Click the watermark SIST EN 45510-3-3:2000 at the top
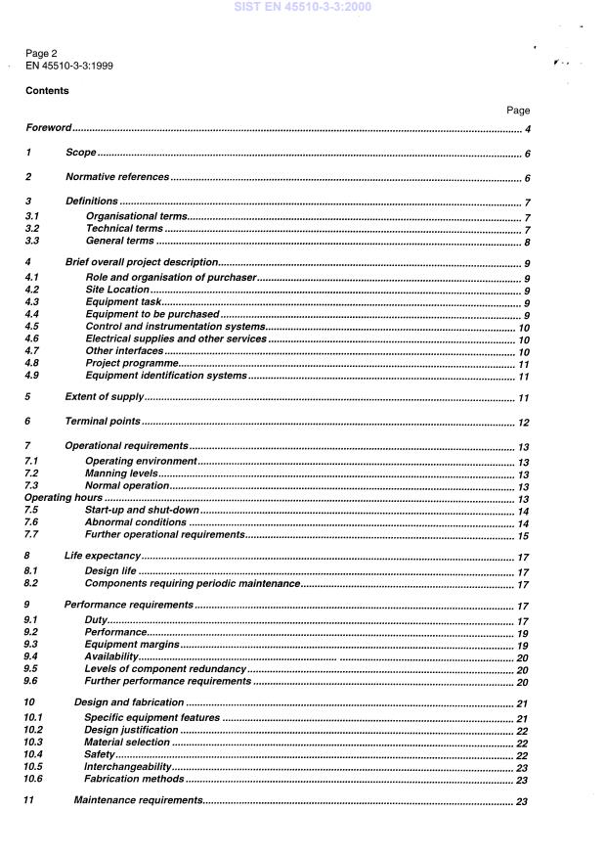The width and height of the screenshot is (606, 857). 302,8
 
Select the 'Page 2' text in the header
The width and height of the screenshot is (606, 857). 43,55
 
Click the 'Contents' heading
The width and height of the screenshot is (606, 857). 47,90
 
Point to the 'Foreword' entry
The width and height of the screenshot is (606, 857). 49,129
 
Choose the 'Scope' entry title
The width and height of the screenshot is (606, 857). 80,154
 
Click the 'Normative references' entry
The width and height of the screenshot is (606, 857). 116,178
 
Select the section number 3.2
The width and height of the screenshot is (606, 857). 32,229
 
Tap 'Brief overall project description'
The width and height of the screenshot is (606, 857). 140,265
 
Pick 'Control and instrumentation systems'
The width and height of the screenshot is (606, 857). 175,327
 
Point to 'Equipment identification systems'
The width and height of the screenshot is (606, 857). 165,376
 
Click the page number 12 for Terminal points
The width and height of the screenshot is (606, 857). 523,423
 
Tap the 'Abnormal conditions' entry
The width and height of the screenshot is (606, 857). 135,522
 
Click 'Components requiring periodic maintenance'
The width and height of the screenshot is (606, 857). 193,584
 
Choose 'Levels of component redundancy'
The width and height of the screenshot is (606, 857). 166,669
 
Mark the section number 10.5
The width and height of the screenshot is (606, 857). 34,767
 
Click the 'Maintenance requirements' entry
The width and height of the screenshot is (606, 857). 138,801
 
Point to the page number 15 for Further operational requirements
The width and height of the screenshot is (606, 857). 523,535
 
